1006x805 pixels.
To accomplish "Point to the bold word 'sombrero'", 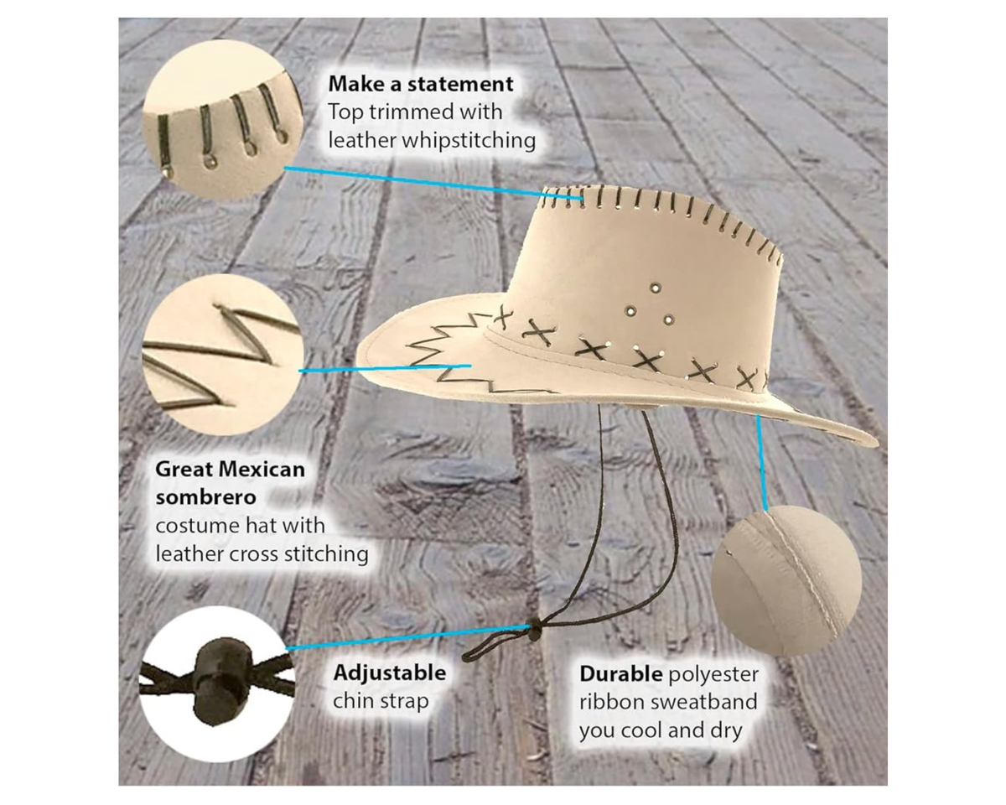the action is point(205,498).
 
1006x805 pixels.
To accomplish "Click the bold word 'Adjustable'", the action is point(389,673).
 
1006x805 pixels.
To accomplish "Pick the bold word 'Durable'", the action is point(621,674).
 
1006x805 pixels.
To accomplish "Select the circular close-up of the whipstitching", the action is point(223,121).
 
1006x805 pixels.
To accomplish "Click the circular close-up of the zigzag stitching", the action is point(223,356).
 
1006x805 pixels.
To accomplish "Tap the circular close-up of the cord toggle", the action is point(218,684).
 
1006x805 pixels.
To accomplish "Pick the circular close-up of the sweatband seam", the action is point(786,580).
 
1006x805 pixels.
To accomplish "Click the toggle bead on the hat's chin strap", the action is point(533,630).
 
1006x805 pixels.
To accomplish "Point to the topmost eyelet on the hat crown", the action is point(656,287).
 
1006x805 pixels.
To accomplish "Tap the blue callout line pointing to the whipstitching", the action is point(434,183).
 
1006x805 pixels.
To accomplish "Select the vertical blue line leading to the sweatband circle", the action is point(761,462).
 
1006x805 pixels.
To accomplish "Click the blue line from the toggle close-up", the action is point(407,637).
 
